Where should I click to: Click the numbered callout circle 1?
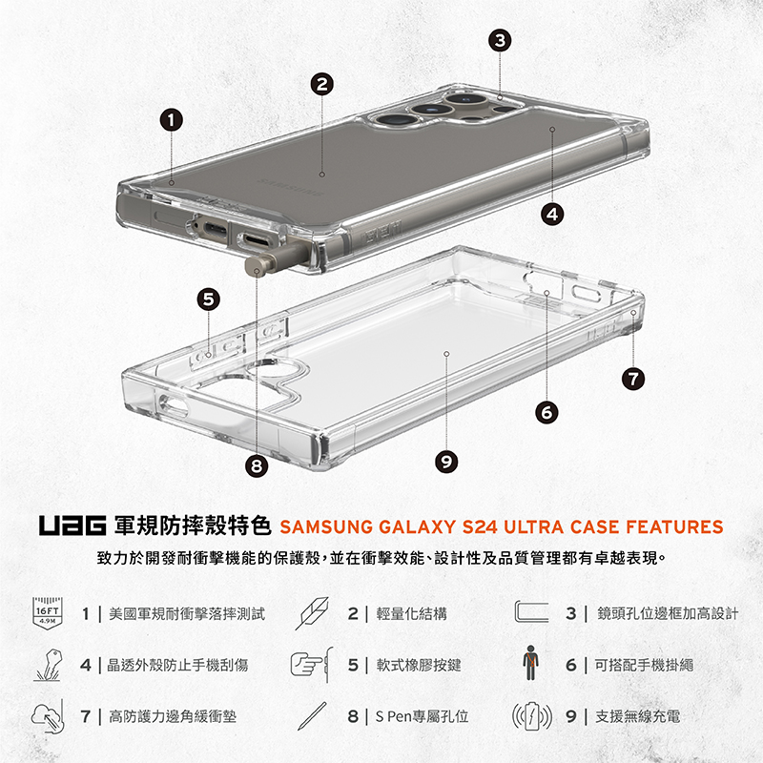[170, 120]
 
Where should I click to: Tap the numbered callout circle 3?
[499, 40]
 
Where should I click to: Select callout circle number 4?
[551, 214]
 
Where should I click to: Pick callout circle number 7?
[629, 379]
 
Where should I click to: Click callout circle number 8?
[256, 466]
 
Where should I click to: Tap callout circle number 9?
[444, 462]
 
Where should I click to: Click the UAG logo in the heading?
[72, 526]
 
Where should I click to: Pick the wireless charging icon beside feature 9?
[532, 715]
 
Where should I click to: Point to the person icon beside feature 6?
[531, 664]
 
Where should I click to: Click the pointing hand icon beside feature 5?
[309, 664]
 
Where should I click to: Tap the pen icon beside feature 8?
[311, 715]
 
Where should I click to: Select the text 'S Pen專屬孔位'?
[421, 715]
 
